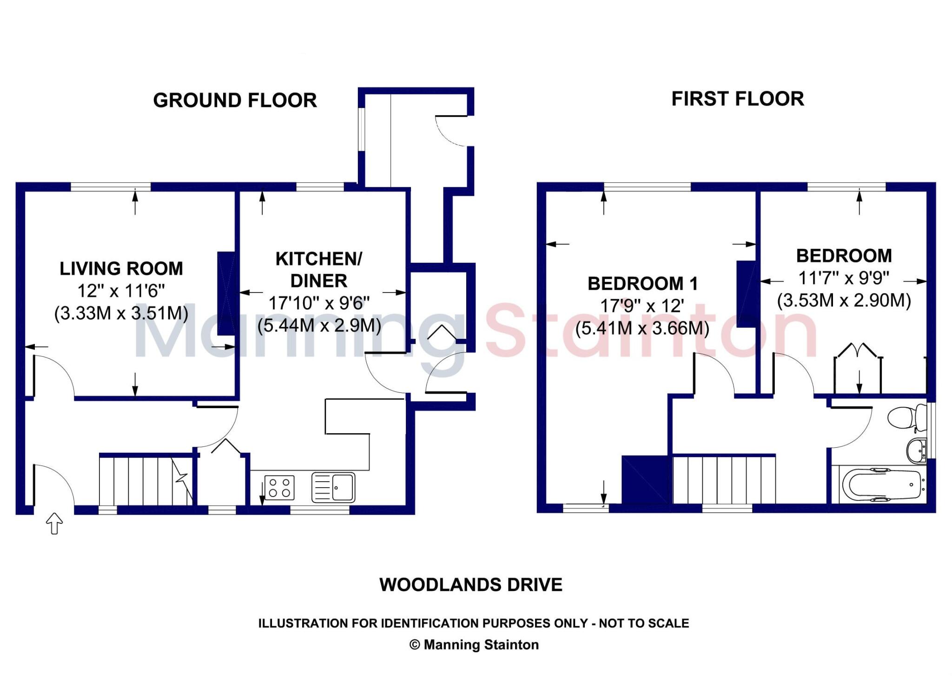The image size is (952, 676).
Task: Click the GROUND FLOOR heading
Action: point(235,100)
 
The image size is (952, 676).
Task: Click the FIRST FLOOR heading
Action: point(737,99)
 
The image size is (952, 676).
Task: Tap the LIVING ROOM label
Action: point(121,269)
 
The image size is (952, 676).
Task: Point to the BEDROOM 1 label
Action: point(642,284)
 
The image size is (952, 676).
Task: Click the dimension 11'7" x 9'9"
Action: point(843,278)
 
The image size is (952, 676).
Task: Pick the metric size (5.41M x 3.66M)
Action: point(642,328)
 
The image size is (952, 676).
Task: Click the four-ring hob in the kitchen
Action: point(279,487)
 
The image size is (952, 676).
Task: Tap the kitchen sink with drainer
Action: point(333,487)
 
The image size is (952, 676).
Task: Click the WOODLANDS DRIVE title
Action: point(471,585)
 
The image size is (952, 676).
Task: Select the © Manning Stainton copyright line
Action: point(474,645)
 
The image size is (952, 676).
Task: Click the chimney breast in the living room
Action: point(226,293)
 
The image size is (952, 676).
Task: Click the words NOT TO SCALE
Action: point(644,623)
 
